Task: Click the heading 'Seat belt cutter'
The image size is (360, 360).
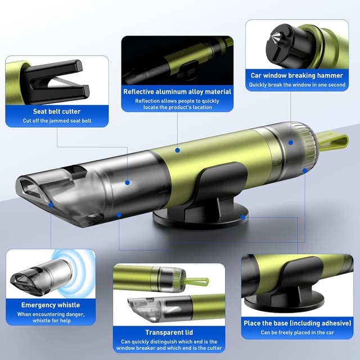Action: [x=57, y=111]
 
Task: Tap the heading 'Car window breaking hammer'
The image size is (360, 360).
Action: [x=297, y=75]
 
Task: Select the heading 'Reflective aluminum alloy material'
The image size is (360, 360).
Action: [x=177, y=92]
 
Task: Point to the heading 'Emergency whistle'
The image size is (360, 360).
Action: [x=51, y=305]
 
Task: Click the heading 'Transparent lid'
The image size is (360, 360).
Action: [x=169, y=332]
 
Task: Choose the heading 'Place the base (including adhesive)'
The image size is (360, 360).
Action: [x=298, y=323]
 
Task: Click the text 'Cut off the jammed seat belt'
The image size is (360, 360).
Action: [x=57, y=121]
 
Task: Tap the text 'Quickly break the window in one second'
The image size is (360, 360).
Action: [x=297, y=85]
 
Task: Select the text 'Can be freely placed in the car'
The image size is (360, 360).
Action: [x=298, y=332]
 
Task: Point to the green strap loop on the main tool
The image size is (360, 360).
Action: [x=333, y=142]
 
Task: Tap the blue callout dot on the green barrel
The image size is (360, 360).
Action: [x=178, y=150]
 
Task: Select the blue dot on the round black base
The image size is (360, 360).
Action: [x=243, y=217]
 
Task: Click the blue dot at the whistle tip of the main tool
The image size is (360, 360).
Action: [x=51, y=205]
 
